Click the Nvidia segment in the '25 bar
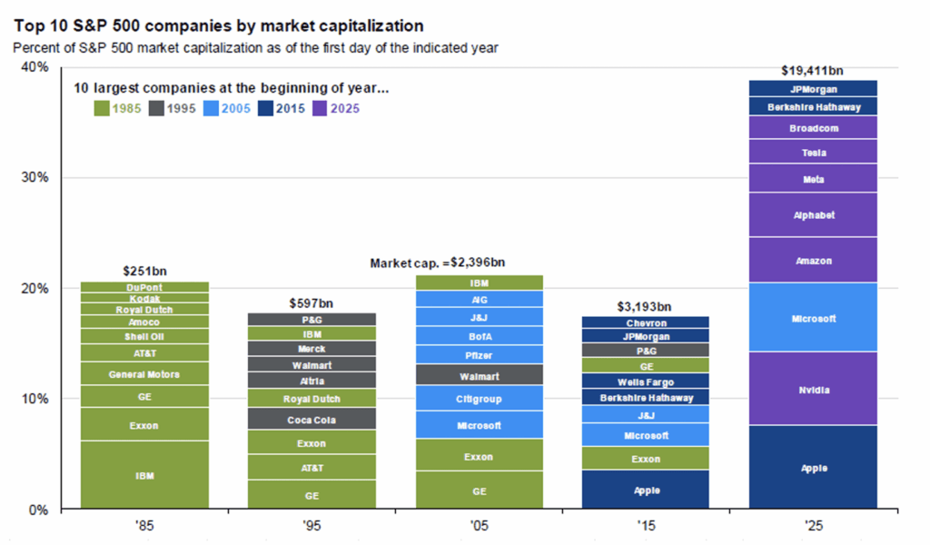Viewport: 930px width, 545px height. (x=813, y=390)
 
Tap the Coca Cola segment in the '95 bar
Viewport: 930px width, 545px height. (x=312, y=419)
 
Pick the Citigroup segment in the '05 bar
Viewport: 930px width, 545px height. (x=479, y=399)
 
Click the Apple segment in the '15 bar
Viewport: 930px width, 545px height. (x=646, y=490)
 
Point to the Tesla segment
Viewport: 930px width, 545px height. (x=813, y=153)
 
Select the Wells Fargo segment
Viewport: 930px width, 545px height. (x=646, y=381)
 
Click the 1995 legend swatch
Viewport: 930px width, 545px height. (x=155, y=108)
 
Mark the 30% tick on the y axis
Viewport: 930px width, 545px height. (x=35, y=178)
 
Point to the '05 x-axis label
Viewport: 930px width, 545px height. (x=478, y=525)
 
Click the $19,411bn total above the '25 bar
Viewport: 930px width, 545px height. (x=813, y=69)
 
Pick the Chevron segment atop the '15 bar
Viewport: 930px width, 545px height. (x=646, y=322)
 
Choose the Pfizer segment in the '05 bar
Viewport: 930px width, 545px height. (x=479, y=355)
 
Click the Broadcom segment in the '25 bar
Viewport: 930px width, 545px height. (x=813, y=128)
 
